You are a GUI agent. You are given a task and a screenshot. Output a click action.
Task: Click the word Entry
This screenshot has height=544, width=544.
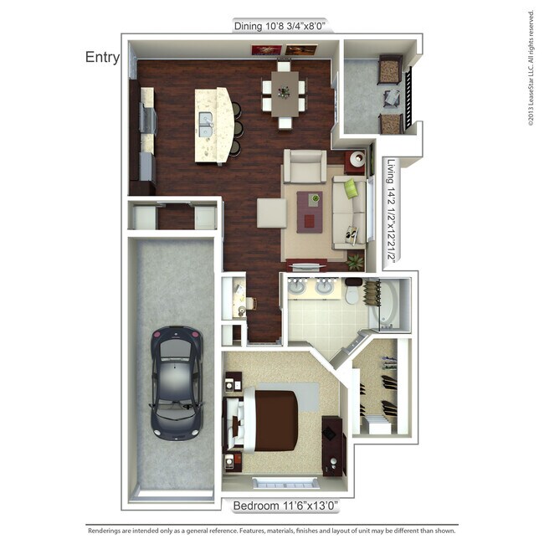click(102, 57)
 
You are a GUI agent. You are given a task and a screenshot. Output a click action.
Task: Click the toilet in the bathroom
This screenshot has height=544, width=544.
click(352, 293)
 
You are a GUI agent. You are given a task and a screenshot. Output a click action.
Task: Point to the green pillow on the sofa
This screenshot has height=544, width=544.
click(352, 189)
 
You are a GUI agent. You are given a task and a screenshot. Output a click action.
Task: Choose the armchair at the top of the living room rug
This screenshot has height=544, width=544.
click(304, 166)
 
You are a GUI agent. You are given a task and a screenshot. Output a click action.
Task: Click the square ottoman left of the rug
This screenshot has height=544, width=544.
click(271, 212)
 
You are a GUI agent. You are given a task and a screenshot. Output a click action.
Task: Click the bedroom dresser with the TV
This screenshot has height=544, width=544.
click(331, 444)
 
